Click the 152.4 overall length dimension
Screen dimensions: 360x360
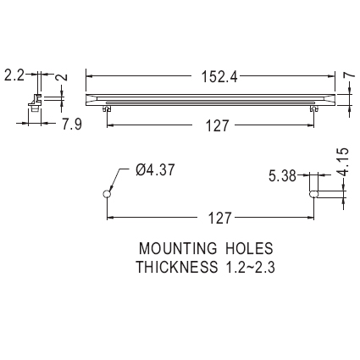pos(219,77)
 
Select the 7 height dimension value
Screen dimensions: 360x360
pos(349,75)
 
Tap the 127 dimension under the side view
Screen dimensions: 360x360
pos(217,126)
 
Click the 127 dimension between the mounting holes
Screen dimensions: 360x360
pos(219,219)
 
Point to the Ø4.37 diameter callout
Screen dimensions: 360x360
pos(155,170)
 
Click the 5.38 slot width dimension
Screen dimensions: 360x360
pos(282,176)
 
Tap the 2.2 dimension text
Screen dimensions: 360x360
pos(14,75)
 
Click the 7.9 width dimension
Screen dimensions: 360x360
pos(72,125)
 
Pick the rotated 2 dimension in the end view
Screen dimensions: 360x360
pos(64,76)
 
